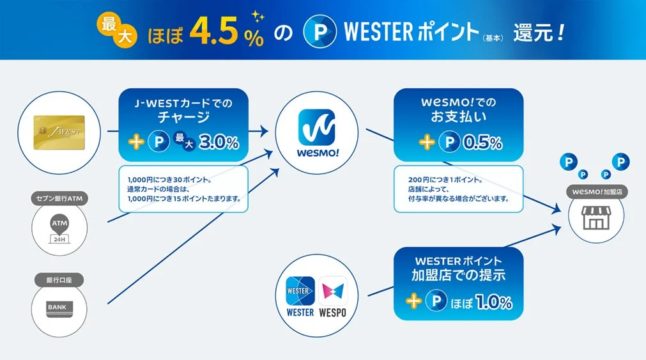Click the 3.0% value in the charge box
(220, 142)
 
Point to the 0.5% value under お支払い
(483, 143)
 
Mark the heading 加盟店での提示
(458, 276)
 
